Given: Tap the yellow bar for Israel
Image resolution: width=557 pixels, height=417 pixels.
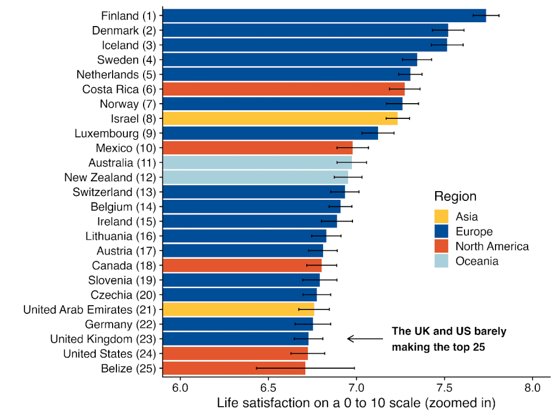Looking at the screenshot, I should [280, 118].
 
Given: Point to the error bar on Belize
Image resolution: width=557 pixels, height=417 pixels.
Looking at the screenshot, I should [305, 368].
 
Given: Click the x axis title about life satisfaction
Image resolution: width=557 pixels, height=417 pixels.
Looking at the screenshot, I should [356, 404].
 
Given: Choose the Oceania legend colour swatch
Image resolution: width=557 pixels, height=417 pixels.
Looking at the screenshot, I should [442, 261].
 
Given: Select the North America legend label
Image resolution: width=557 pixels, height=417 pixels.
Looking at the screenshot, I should [492, 247].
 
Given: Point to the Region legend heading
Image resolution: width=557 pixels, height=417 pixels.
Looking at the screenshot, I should [455, 197].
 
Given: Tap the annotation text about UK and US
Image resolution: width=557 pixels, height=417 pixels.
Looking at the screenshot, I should [448, 339].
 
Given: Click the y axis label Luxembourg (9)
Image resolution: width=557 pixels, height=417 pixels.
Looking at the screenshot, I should [115, 133].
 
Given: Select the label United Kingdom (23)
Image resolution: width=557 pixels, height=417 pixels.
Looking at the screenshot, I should [103, 339].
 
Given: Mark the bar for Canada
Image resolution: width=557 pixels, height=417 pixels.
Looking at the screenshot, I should [242, 266].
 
